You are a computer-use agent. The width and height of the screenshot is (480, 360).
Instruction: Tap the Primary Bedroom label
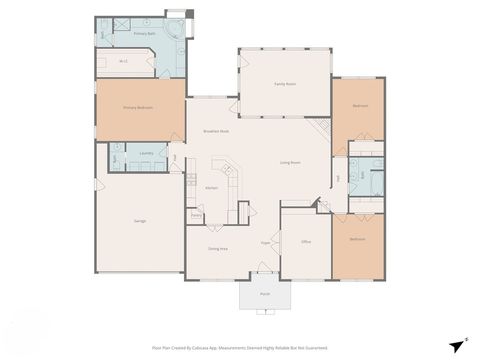pos(138,106)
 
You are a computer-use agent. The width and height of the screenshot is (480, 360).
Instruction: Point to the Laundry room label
pos(146,154)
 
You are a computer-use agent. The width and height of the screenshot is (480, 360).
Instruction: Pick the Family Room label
pos(285,84)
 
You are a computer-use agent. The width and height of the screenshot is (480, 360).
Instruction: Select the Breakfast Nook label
pos(217,131)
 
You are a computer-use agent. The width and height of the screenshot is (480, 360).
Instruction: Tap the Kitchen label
pos(212,188)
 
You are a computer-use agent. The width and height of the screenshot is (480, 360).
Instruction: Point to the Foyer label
pos(266,242)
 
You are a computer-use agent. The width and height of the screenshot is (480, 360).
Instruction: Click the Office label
pos(306,242)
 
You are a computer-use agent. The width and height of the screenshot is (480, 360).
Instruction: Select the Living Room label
pos(291,161)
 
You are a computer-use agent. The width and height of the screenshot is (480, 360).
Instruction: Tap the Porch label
pos(265,294)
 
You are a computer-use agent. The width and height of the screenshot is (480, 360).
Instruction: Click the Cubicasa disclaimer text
pos(239,348)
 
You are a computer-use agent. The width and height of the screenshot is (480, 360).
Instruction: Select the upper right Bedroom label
pos(360,106)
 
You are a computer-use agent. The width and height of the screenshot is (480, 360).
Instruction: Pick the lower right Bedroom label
pos(358,240)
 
